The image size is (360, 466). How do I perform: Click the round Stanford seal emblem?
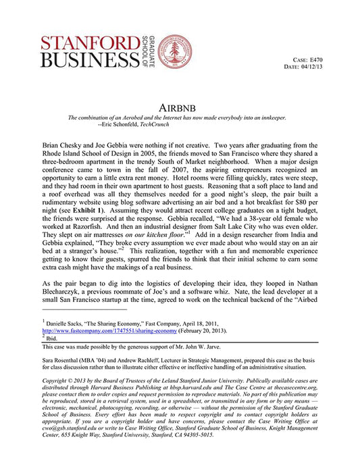tap(174, 51)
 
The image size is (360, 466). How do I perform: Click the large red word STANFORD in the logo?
tap(87, 43)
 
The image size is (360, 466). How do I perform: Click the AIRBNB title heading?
tap(180, 108)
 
